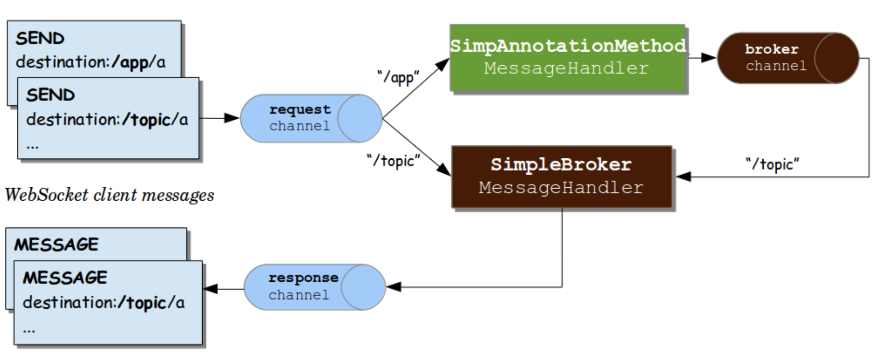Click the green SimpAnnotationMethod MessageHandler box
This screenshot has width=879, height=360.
[x=567, y=58]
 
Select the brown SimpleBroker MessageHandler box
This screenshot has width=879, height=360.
[x=562, y=177]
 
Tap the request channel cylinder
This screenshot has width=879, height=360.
[x=311, y=118]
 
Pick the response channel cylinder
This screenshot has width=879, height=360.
[x=315, y=287]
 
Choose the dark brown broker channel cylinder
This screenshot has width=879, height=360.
[x=788, y=58]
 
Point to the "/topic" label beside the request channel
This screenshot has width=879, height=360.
[x=393, y=160]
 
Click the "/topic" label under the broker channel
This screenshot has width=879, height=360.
[x=772, y=164]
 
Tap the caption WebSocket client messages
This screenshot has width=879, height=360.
[x=110, y=195]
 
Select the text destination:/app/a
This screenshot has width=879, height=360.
[x=91, y=62]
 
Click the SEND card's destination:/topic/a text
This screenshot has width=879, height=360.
[x=107, y=120]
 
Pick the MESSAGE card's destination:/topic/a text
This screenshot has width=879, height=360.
[x=104, y=303]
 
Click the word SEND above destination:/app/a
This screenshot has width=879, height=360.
[x=40, y=39]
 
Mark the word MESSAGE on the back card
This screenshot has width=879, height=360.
[x=56, y=245]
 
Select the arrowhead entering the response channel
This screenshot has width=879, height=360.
[x=394, y=287]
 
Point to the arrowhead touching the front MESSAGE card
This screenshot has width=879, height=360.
[x=211, y=289]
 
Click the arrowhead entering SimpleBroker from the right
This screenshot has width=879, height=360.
[x=683, y=177]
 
